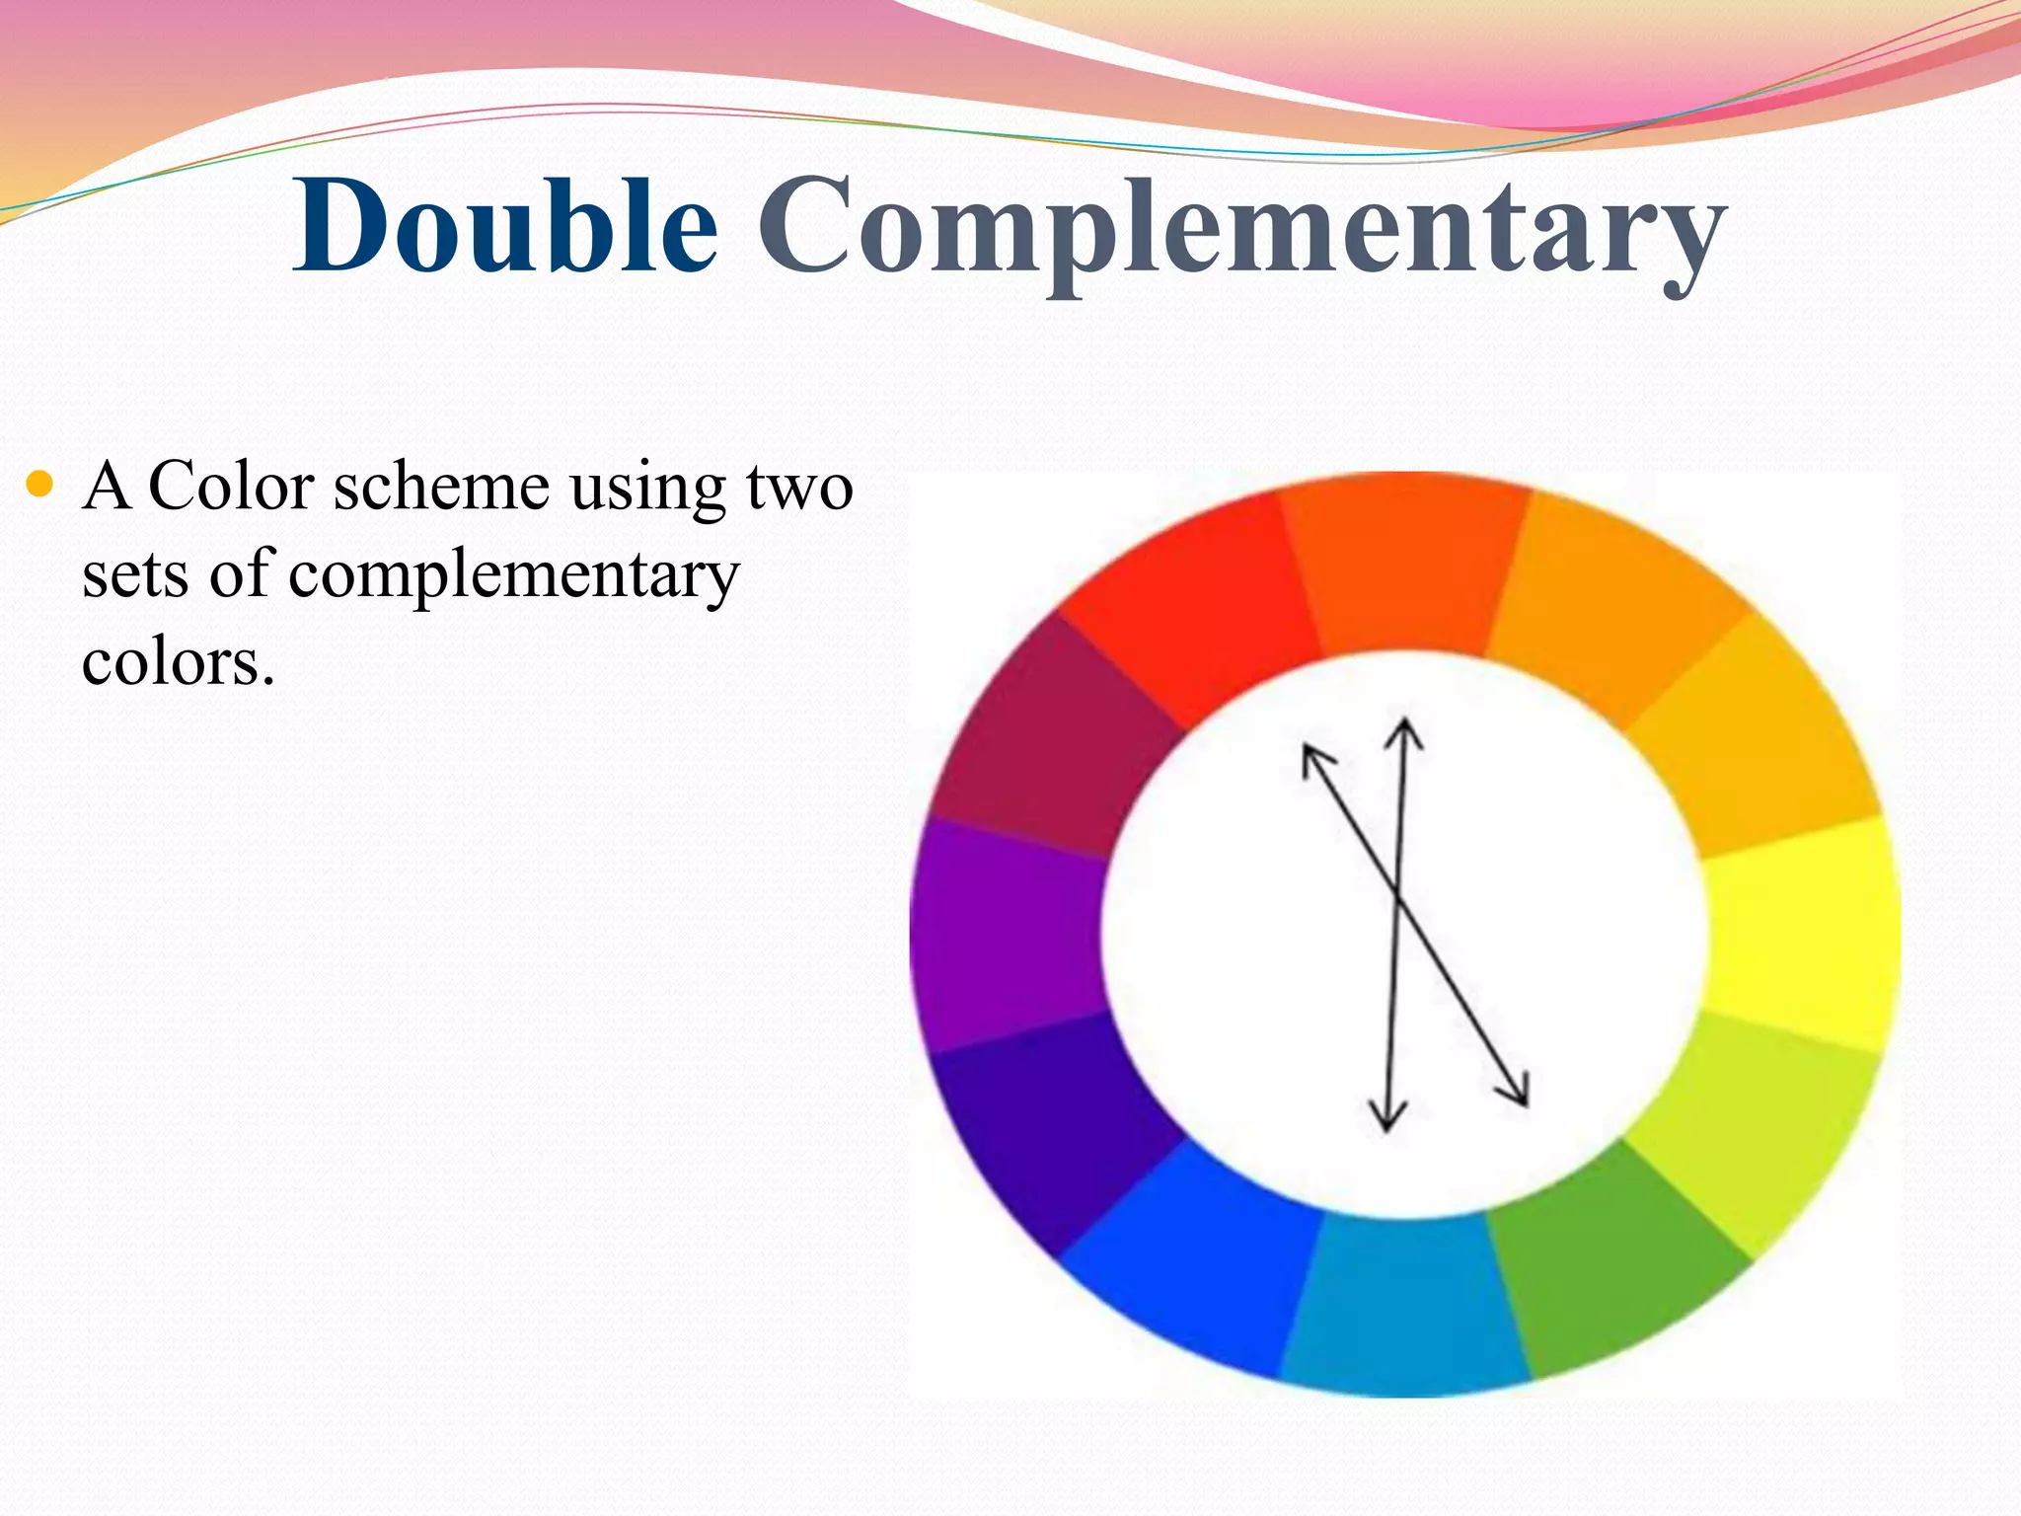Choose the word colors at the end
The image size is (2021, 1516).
[178, 662]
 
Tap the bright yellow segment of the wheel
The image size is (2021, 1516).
[1802, 933]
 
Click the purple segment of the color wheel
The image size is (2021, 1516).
[1007, 933]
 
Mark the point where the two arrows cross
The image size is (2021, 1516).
[1397, 896]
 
